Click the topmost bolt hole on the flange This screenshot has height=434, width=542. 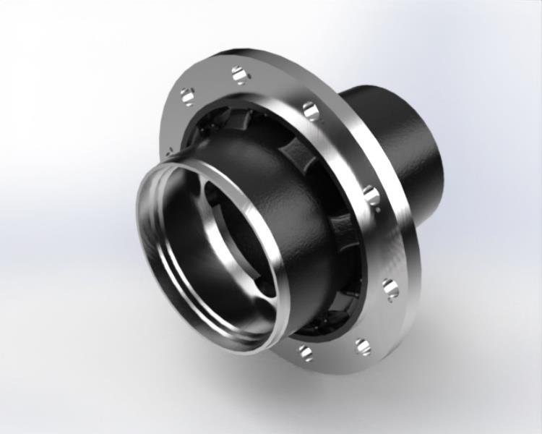240,74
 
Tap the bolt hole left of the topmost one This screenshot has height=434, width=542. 187,95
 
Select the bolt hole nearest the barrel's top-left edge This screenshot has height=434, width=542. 311,111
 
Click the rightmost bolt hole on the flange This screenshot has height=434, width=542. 390,288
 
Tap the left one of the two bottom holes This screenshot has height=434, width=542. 306,352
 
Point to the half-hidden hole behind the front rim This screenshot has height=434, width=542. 169,153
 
